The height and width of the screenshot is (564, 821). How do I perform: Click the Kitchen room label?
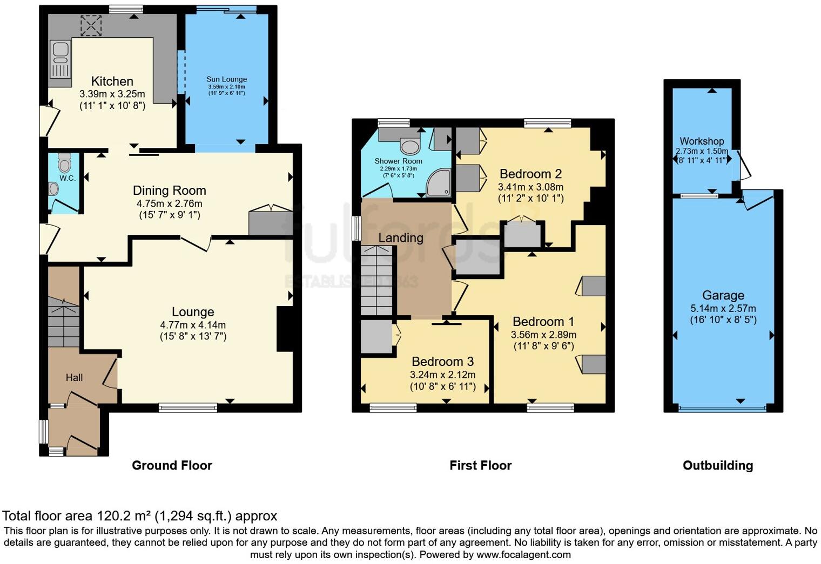112,81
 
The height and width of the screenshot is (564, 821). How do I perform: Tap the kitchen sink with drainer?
60,60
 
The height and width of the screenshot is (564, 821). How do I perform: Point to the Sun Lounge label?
226,79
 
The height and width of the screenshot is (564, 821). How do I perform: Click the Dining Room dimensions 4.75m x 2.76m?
169,204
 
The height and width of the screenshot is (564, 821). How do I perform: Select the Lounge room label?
193,312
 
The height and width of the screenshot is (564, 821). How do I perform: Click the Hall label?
75,377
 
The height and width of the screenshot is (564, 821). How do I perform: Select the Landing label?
400,238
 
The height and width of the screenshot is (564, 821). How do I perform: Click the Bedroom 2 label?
530,174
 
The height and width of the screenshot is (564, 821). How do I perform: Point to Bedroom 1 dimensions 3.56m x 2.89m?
543,335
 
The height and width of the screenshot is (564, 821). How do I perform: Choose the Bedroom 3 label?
442,362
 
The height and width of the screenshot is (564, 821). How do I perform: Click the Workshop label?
702,141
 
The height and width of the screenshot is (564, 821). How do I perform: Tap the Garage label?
723,295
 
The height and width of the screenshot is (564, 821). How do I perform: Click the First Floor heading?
480,465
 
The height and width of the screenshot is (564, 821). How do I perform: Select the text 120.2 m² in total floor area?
124,516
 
